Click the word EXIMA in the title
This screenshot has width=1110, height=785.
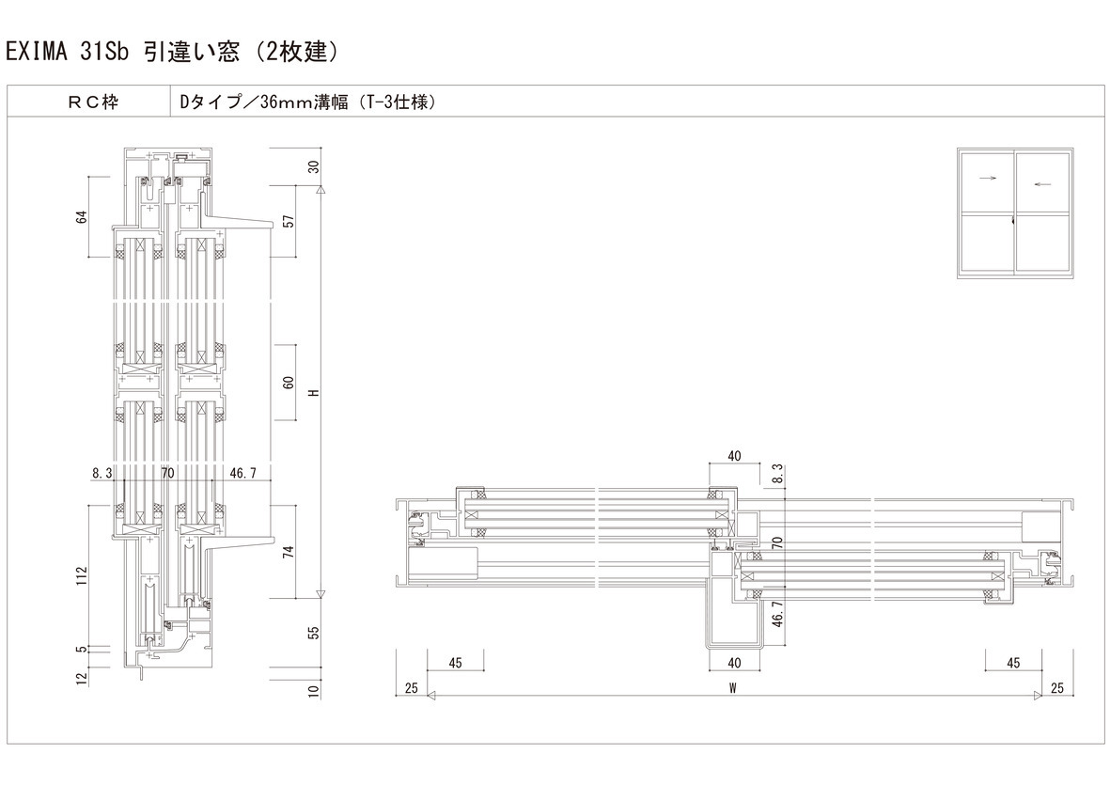(37, 52)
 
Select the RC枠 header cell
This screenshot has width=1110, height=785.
(89, 102)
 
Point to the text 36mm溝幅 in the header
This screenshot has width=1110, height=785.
(305, 102)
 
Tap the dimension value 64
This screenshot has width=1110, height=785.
(82, 216)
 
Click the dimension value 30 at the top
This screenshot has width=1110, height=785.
(314, 167)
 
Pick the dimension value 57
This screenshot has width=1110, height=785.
(289, 221)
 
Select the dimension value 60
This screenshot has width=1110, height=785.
(289, 383)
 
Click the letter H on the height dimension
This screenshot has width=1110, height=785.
(314, 393)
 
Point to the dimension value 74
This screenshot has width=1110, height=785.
(289, 552)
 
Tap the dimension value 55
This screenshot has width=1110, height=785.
(314, 632)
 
